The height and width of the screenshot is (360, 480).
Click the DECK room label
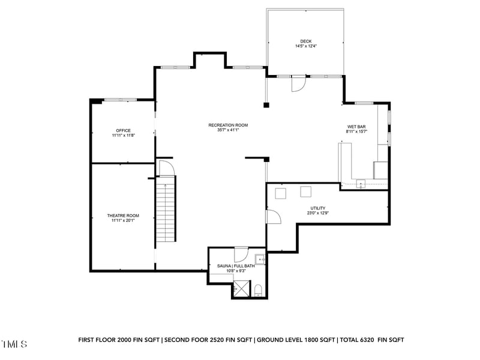tap(305, 41)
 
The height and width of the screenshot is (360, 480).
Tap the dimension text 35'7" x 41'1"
tap(228, 130)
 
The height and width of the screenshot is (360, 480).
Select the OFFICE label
tap(123, 130)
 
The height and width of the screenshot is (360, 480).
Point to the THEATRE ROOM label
tap(123, 215)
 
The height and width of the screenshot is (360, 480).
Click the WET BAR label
tap(356, 127)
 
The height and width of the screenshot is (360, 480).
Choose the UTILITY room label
tap(318, 208)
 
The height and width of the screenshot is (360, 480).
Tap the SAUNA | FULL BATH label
tap(235, 266)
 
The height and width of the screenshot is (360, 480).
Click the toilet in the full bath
tap(258, 291)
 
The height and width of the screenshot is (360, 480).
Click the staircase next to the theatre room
tap(166, 210)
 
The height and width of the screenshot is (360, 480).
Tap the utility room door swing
tap(273, 216)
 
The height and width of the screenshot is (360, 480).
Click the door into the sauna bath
tap(241, 253)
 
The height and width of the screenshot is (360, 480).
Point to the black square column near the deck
tap(266, 106)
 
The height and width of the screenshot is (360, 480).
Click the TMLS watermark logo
tap(14, 344)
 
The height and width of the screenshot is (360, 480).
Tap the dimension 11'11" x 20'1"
tap(123, 220)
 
